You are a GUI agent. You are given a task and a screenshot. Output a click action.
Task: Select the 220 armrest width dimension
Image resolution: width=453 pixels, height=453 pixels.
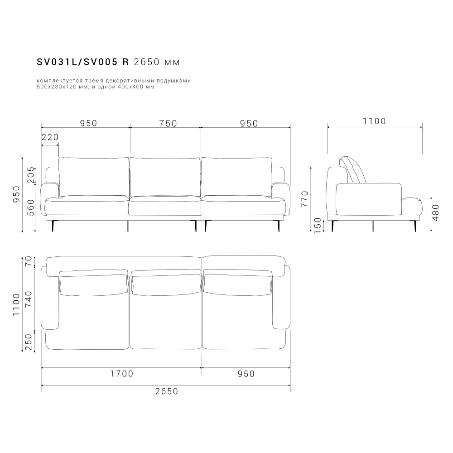pyautogui.click(x=50, y=138)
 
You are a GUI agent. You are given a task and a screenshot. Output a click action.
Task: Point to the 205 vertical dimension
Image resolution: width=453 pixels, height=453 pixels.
pyautogui.click(x=31, y=175)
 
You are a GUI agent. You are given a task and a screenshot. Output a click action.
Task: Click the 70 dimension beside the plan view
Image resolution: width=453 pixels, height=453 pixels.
pyautogui.click(x=28, y=261)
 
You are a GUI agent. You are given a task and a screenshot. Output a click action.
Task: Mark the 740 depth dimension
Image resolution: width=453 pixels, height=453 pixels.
pyautogui.click(x=28, y=299)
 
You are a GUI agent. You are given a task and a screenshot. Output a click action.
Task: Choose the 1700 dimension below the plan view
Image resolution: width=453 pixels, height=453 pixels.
pyautogui.click(x=122, y=374)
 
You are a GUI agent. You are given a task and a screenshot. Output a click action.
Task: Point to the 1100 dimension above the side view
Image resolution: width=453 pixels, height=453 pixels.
pyautogui.click(x=374, y=121)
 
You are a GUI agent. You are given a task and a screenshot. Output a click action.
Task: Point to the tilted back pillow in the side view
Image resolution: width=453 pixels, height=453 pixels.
pyautogui.click(x=353, y=169)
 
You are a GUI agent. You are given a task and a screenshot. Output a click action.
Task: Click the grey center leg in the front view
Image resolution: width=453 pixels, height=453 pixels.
pyautogui.click(x=128, y=226)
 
